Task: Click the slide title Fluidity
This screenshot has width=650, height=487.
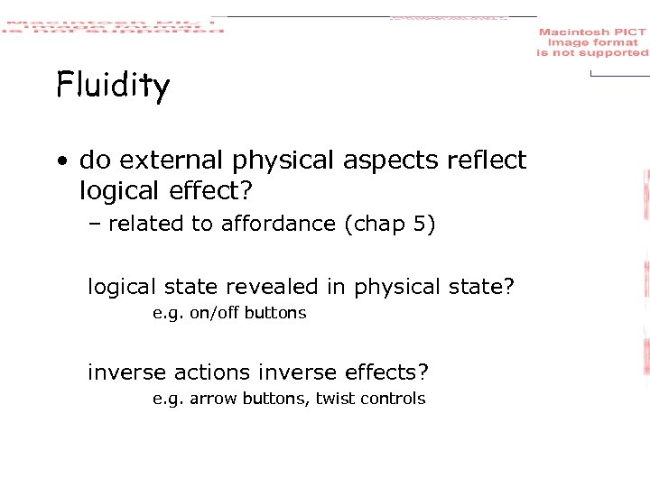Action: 112,87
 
